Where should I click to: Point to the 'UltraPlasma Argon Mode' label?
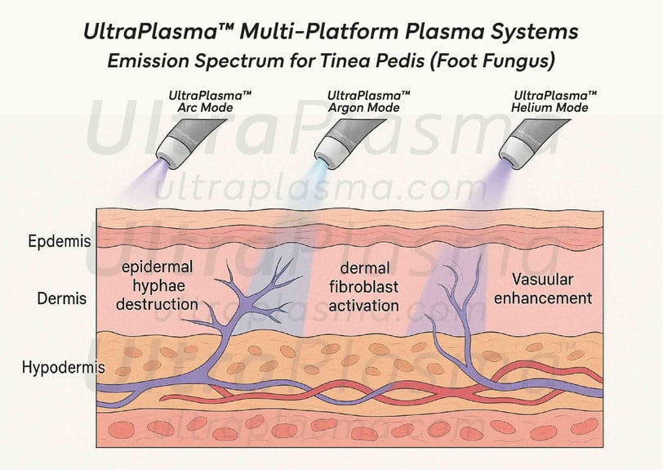[x=368, y=101]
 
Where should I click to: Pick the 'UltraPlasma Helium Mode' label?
[x=554, y=101]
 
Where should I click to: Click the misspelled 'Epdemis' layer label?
[x=59, y=241]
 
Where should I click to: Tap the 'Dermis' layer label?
[x=62, y=298]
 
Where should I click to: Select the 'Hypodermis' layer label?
[x=64, y=367]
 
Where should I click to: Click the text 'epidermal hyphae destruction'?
[x=157, y=286]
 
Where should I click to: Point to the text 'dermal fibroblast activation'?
[x=363, y=287]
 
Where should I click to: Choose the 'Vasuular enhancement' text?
[x=543, y=289]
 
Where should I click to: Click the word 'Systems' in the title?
[x=534, y=33]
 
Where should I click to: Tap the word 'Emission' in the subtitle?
[x=148, y=61]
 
